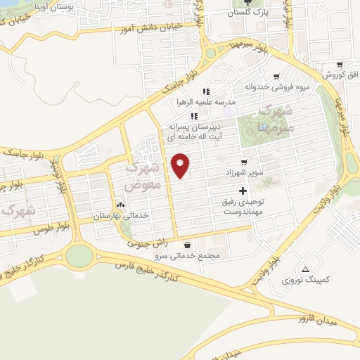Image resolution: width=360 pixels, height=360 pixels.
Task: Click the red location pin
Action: coord(181,164)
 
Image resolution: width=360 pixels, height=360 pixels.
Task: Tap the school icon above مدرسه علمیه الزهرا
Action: coord(206,91)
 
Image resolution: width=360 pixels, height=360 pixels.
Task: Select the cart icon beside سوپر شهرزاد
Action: coord(244,162)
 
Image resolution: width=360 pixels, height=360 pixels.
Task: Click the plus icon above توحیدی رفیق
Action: coord(243,191)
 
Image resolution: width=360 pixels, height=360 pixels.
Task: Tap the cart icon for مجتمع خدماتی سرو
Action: coord(187,245)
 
